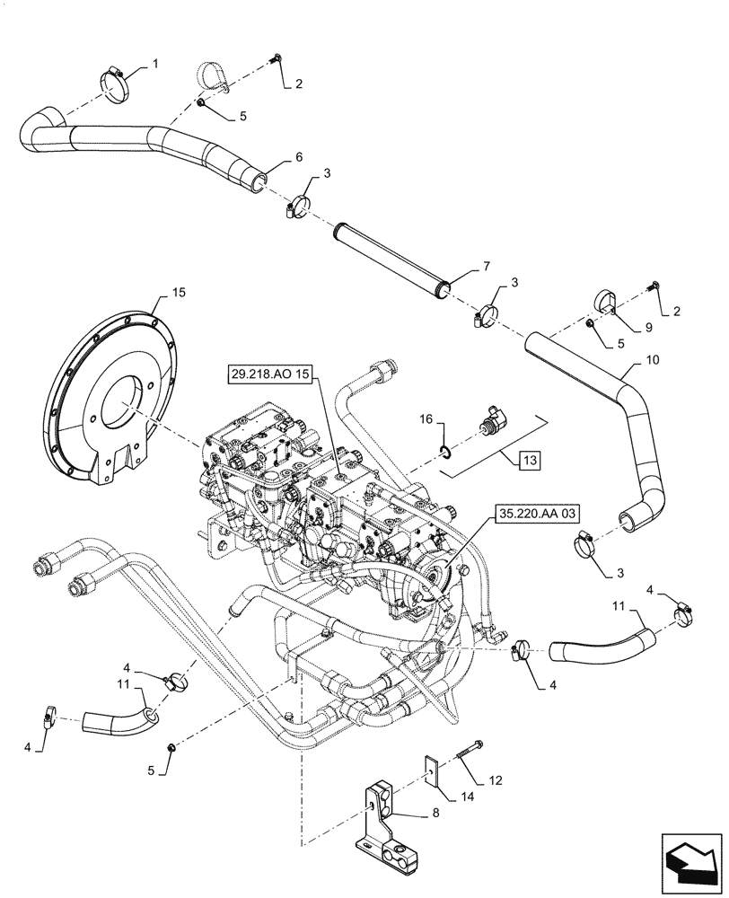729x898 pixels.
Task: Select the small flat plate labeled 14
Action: [x=432, y=768]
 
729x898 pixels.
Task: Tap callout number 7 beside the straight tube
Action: [x=486, y=267]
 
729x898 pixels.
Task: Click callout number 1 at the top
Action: [x=154, y=64]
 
